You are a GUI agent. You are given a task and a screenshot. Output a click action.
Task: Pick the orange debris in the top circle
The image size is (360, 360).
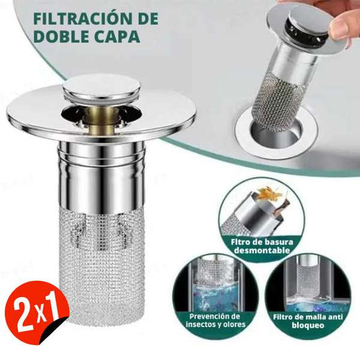click(269, 195)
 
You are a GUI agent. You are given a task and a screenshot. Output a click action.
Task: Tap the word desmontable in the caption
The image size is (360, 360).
click(261, 251)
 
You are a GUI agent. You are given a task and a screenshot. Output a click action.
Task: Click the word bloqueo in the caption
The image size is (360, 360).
click(307, 326)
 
